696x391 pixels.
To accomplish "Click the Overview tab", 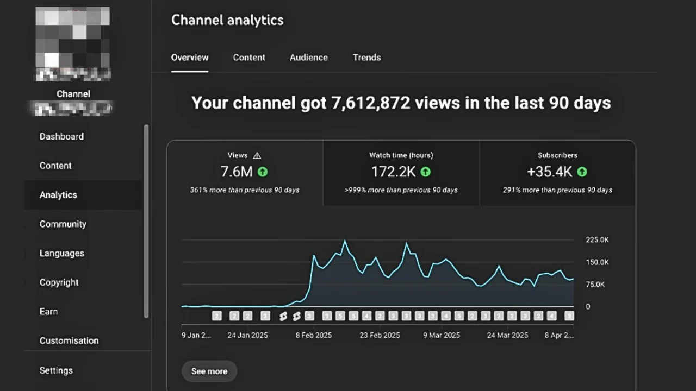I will [190, 58].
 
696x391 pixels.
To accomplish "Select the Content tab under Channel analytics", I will [249, 58].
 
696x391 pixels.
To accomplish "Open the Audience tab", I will [308, 58].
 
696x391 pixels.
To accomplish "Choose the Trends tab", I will [366, 58].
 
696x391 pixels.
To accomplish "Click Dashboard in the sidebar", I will [61, 136].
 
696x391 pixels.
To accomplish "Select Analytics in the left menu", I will [58, 195].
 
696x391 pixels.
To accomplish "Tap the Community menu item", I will [63, 224].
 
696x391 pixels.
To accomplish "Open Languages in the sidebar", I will [61, 253].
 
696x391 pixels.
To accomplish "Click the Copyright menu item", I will [59, 282].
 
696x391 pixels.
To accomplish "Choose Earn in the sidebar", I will [48, 312].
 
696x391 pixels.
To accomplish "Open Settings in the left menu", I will [56, 370].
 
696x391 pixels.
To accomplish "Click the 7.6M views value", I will [237, 172].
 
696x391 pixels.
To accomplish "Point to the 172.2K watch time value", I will [393, 172].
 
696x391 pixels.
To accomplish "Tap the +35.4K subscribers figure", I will [549, 172].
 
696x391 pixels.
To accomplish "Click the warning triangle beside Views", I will [257, 156].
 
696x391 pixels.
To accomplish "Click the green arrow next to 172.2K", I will [425, 172].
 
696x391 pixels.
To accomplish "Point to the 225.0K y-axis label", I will [597, 240].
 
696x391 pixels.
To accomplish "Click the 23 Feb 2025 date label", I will [380, 335].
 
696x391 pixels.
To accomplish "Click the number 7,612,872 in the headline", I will [370, 103].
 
